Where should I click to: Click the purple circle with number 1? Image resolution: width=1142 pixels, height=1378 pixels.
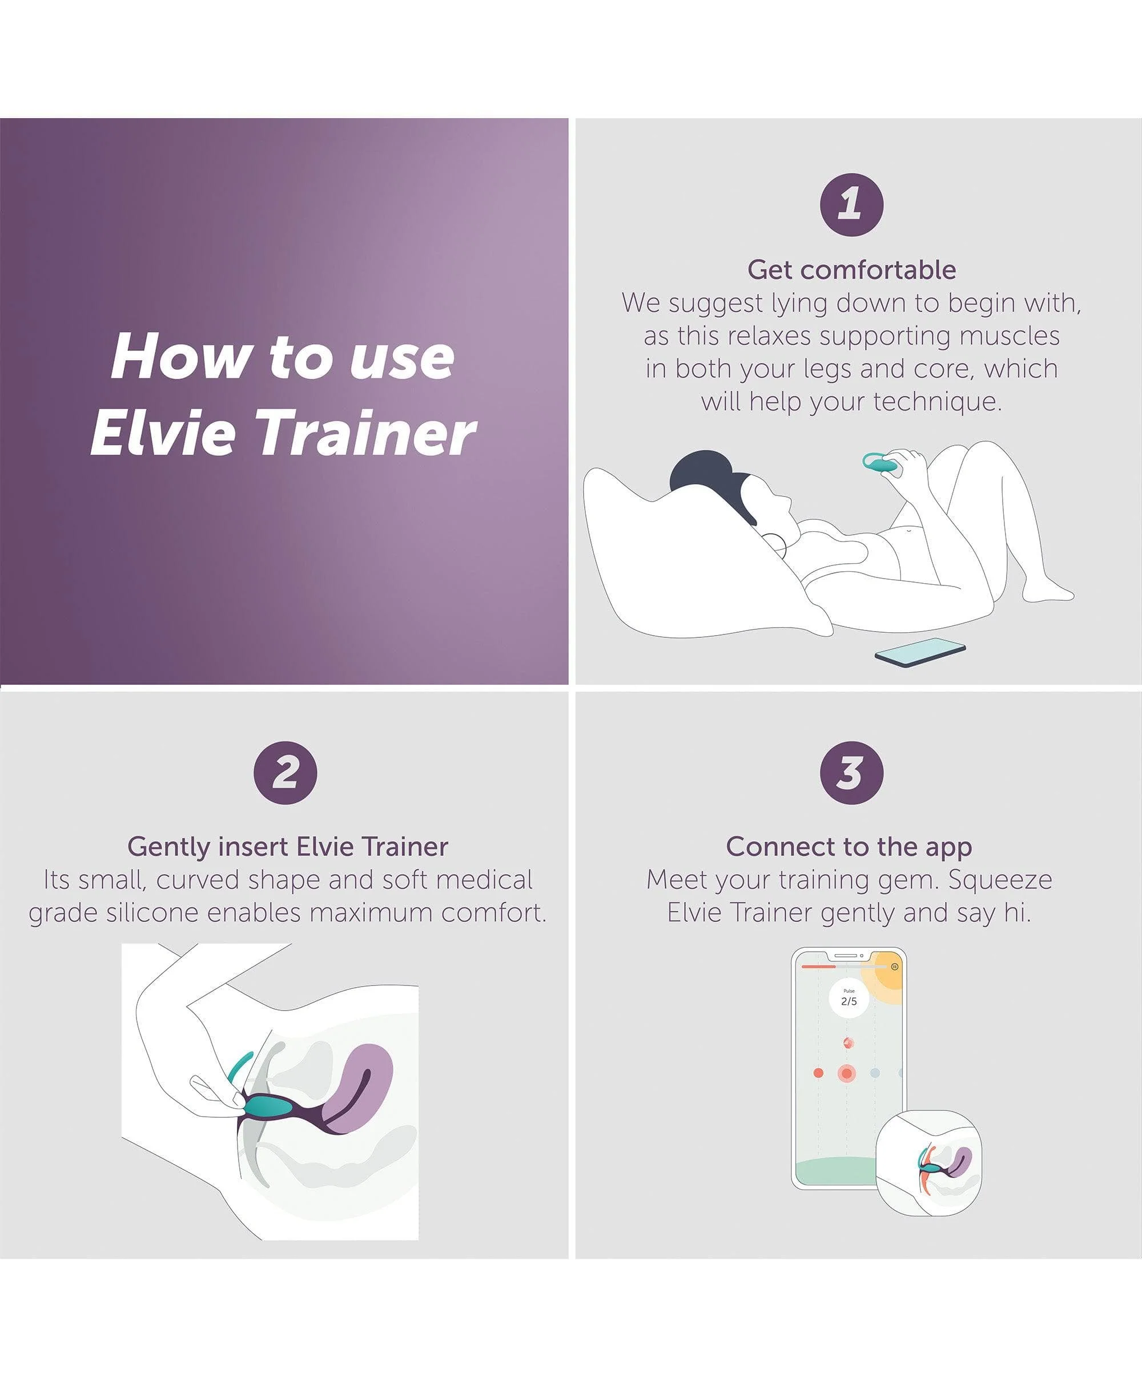[852, 204]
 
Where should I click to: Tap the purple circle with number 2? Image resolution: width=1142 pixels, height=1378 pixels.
[285, 773]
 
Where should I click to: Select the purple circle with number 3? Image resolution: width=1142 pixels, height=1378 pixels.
[852, 773]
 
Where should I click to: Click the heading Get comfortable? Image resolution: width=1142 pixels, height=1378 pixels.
[852, 270]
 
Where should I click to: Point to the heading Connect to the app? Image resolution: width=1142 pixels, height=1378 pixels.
[849, 847]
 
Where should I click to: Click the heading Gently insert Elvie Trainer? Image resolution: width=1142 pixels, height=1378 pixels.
[288, 847]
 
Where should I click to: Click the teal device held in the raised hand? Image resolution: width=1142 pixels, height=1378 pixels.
[880, 463]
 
